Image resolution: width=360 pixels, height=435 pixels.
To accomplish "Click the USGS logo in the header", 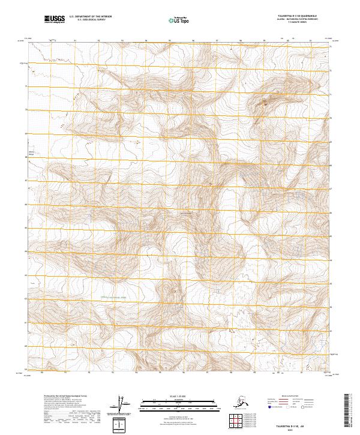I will [x=55, y=19].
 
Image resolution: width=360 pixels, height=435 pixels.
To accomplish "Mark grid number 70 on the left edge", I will [x=26, y=110].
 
